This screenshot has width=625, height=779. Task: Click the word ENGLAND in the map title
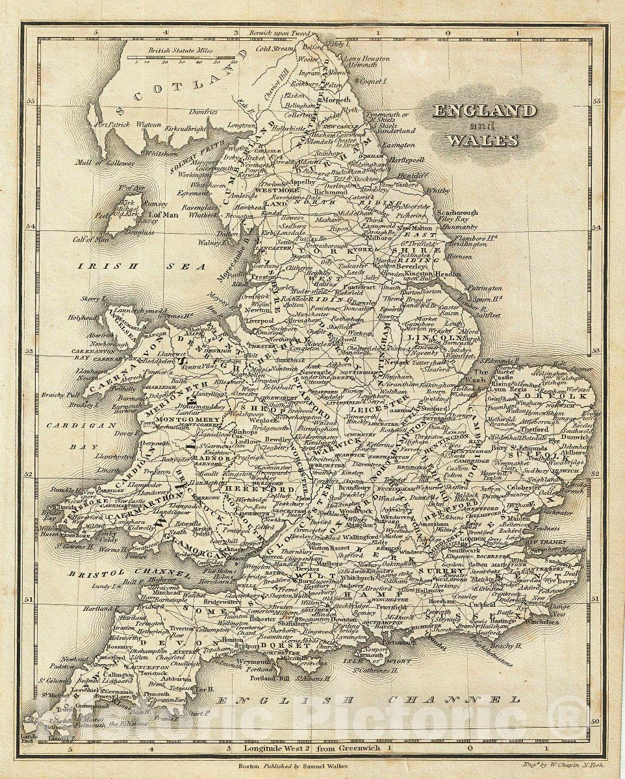(486, 111)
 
